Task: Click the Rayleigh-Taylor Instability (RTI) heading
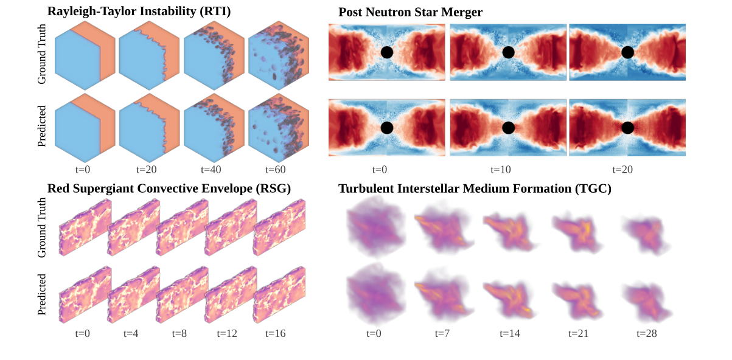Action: point(139,11)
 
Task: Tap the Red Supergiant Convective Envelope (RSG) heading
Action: point(169,189)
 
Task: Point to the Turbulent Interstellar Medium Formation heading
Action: point(475,189)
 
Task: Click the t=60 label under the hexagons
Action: point(276,169)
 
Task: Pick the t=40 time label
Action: point(211,169)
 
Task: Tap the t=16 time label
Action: point(276,333)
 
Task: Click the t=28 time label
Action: point(646,333)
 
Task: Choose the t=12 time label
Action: point(226,333)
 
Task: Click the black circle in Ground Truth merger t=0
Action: point(386,52)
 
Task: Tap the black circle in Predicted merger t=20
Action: point(628,128)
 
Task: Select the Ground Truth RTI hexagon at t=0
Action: point(85,59)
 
